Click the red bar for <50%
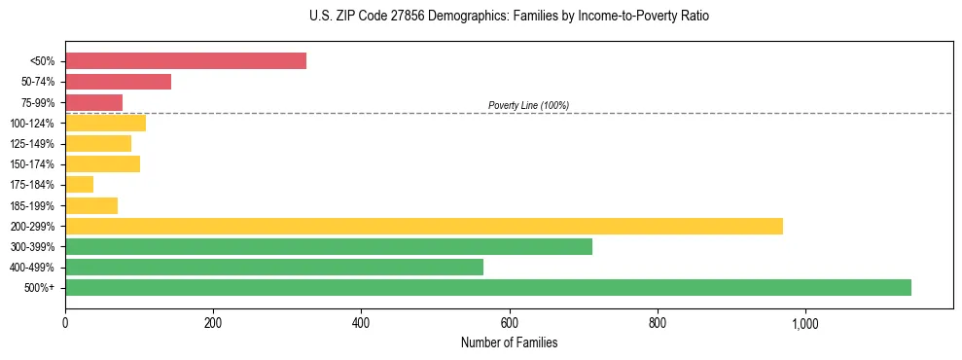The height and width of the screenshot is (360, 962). [x=186, y=61]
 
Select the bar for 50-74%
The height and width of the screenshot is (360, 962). [x=118, y=82]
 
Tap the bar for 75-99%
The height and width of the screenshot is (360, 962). [x=93, y=102]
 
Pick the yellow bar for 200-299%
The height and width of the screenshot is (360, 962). [x=424, y=226]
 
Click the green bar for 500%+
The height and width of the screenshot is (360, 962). [x=488, y=287]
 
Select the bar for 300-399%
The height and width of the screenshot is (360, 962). [x=329, y=246]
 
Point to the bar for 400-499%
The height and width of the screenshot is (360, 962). [x=274, y=267]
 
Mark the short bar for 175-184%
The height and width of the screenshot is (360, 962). [x=79, y=185]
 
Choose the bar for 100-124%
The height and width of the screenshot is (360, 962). [x=105, y=123]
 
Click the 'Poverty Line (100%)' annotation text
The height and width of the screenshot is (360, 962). [x=528, y=105]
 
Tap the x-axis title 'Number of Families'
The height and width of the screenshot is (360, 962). [x=509, y=342]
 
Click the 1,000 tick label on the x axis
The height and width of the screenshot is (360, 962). [x=805, y=323]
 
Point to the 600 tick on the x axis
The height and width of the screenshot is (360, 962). [x=510, y=323]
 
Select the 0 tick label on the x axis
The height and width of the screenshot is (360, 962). [x=65, y=323]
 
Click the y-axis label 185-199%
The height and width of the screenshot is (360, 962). [x=32, y=205]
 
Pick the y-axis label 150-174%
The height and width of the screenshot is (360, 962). [x=32, y=164]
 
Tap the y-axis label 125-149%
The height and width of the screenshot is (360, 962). [x=32, y=144]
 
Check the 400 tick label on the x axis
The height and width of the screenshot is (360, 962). [x=361, y=323]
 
